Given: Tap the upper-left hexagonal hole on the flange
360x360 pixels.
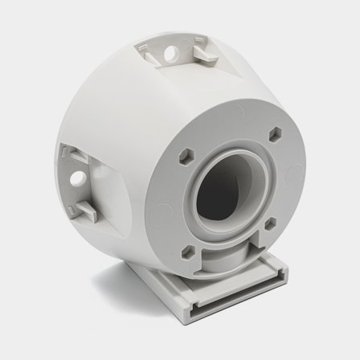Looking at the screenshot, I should pos(184,152).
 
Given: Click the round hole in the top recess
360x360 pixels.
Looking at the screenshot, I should pos(171,53).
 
